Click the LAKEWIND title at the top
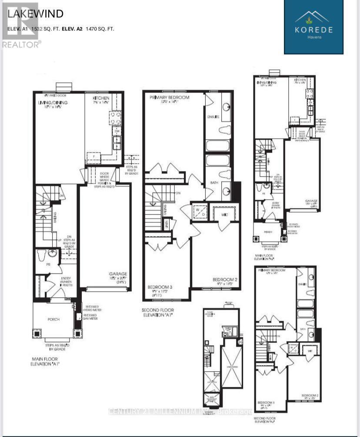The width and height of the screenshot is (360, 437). pyautogui.click(x=35, y=13)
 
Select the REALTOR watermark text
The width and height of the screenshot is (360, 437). pyautogui.click(x=22, y=44)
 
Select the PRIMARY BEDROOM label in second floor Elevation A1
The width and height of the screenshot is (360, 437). pyautogui.click(x=169, y=97)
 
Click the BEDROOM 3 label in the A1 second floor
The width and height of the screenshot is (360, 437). pyautogui.click(x=160, y=287)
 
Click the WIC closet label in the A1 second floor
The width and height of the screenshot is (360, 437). pyautogui.click(x=224, y=214)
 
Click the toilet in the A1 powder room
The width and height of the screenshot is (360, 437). pyautogui.click(x=42, y=253)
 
